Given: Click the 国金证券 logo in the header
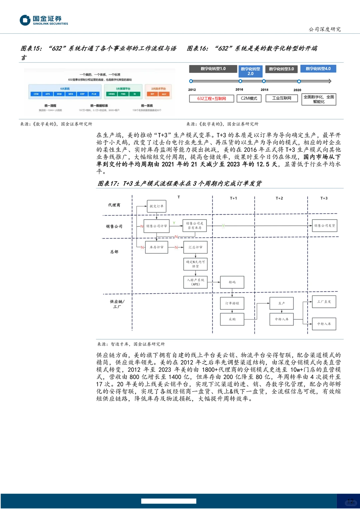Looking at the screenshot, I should pyautogui.click(x=44, y=20).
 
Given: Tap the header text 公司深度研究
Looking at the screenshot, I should pyautogui.click(x=324, y=29).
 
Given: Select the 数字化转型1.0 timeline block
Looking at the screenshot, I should pyautogui.click(x=213, y=69).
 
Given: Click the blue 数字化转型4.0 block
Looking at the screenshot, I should pyautogui.click(x=318, y=69).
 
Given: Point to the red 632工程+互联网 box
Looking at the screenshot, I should pyautogui.click(x=211, y=99).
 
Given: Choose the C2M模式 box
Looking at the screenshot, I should pyautogui.click(x=249, y=98).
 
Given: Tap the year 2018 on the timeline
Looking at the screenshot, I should pyautogui.click(x=264, y=90).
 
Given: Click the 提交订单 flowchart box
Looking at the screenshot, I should pyautogui.click(x=156, y=206).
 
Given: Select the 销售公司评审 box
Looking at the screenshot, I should pyautogui.click(x=156, y=226).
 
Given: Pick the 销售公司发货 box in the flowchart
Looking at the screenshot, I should pyautogui.click(x=324, y=226).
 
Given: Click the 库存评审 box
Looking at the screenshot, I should pyautogui.click(x=156, y=247).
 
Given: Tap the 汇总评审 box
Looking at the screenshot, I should pyautogui.click(x=195, y=247).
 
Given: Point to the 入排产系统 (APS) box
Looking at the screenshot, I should pyautogui.click(x=195, y=282).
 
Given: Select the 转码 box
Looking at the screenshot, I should pyautogui.click(x=232, y=282).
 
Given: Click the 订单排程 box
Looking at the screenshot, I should pyautogui.click(x=232, y=303).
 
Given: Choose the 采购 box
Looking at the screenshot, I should pyautogui.click(x=232, y=319).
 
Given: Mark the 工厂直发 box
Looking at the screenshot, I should pyautogui.click(x=324, y=302).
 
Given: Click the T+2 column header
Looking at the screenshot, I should pyautogui.click(x=279, y=198).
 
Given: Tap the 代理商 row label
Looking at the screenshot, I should pyautogui.click(x=114, y=205).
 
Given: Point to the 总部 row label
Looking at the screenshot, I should pyautogui.click(x=114, y=252).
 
